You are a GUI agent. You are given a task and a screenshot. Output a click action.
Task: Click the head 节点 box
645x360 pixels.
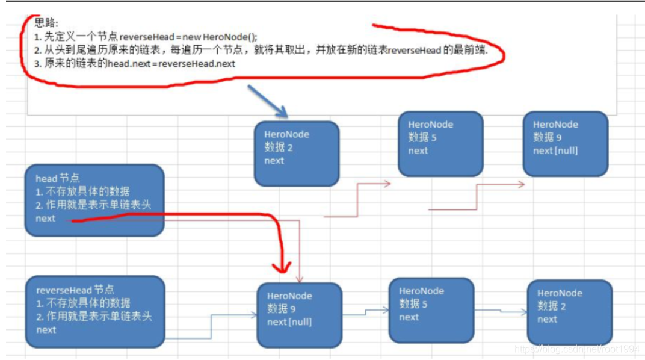pos(94,200)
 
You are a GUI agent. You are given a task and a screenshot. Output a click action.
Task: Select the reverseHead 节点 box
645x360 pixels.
pos(94,311)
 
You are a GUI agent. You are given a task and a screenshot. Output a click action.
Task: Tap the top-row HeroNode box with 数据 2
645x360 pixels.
pos(297,154)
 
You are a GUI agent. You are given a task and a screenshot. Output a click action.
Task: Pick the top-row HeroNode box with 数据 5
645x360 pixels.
pos(440,143)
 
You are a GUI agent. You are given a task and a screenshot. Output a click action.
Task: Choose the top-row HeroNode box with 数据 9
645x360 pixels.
pos(566,143)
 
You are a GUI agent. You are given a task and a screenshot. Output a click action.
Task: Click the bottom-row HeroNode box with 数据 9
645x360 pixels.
pos(300,315)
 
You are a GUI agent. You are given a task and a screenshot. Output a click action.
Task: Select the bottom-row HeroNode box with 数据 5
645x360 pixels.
pos(431,309)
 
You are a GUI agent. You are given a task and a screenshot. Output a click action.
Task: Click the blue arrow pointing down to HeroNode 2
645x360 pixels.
pos(269,101)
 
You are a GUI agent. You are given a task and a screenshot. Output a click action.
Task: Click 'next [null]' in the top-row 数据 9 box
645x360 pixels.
pos(555,151)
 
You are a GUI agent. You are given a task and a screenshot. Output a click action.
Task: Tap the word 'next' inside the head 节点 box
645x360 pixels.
pos(46,219)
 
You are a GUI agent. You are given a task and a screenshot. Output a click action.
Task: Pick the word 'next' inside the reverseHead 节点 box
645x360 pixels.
pos(46,330)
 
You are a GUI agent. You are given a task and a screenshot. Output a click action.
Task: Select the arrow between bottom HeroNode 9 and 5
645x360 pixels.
pos(366,312)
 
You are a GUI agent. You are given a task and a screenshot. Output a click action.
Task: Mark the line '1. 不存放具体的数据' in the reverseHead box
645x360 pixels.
pos(83,303)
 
